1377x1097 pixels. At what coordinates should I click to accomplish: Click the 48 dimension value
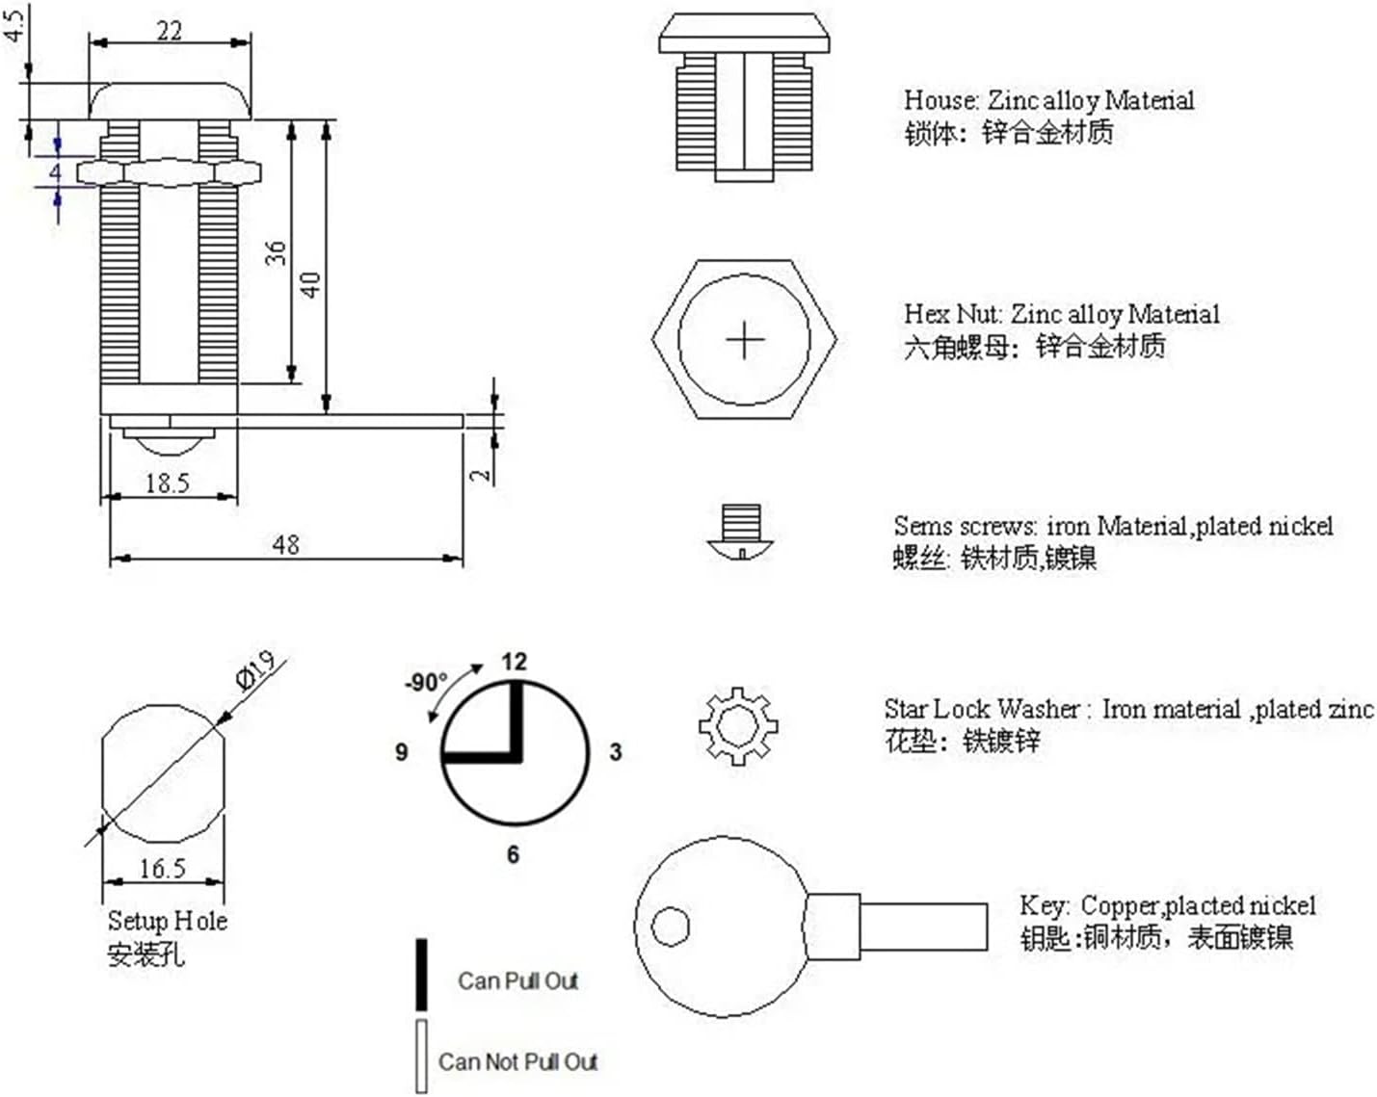pyautogui.click(x=285, y=544)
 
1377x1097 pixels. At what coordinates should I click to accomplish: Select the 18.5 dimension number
pyautogui.click(x=167, y=483)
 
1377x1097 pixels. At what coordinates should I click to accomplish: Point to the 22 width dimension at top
pyautogui.click(x=170, y=31)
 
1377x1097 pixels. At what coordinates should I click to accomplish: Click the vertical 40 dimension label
pyautogui.click(x=310, y=284)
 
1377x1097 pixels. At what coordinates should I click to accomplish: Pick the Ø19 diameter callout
pyautogui.click(x=256, y=670)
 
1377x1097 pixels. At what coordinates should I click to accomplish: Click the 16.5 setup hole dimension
pyautogui.click(x=162, y=869)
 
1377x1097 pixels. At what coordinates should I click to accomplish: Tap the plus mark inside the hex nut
pyautogui.click(x=744, y=341)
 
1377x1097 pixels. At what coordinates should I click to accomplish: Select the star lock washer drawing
pyautogui.click(x=738, y=725)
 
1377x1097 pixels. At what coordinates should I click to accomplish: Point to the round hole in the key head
pyautogui.click(x=671, y=927)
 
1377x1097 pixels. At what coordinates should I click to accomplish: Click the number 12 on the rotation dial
pyautogui.click(x=515, y=662)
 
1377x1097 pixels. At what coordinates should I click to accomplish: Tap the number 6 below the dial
pyautogui.click(x=513, y=854)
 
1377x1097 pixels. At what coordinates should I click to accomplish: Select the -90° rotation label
pyautogui.click(x=425, y=683)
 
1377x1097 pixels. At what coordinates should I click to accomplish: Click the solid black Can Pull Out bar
pyautogui.click(x=421, y=975)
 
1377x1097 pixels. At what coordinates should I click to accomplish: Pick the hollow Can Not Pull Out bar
pyautogui.click(x=421, y=1056)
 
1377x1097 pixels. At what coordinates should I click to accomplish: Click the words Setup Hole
pyautogui.click(x=167, y=921)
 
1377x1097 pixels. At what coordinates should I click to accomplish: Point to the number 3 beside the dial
pyautogui.click(x=616, y=752)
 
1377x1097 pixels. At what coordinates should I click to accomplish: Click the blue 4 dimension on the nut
pyautogui.click(x=56, y=173)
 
